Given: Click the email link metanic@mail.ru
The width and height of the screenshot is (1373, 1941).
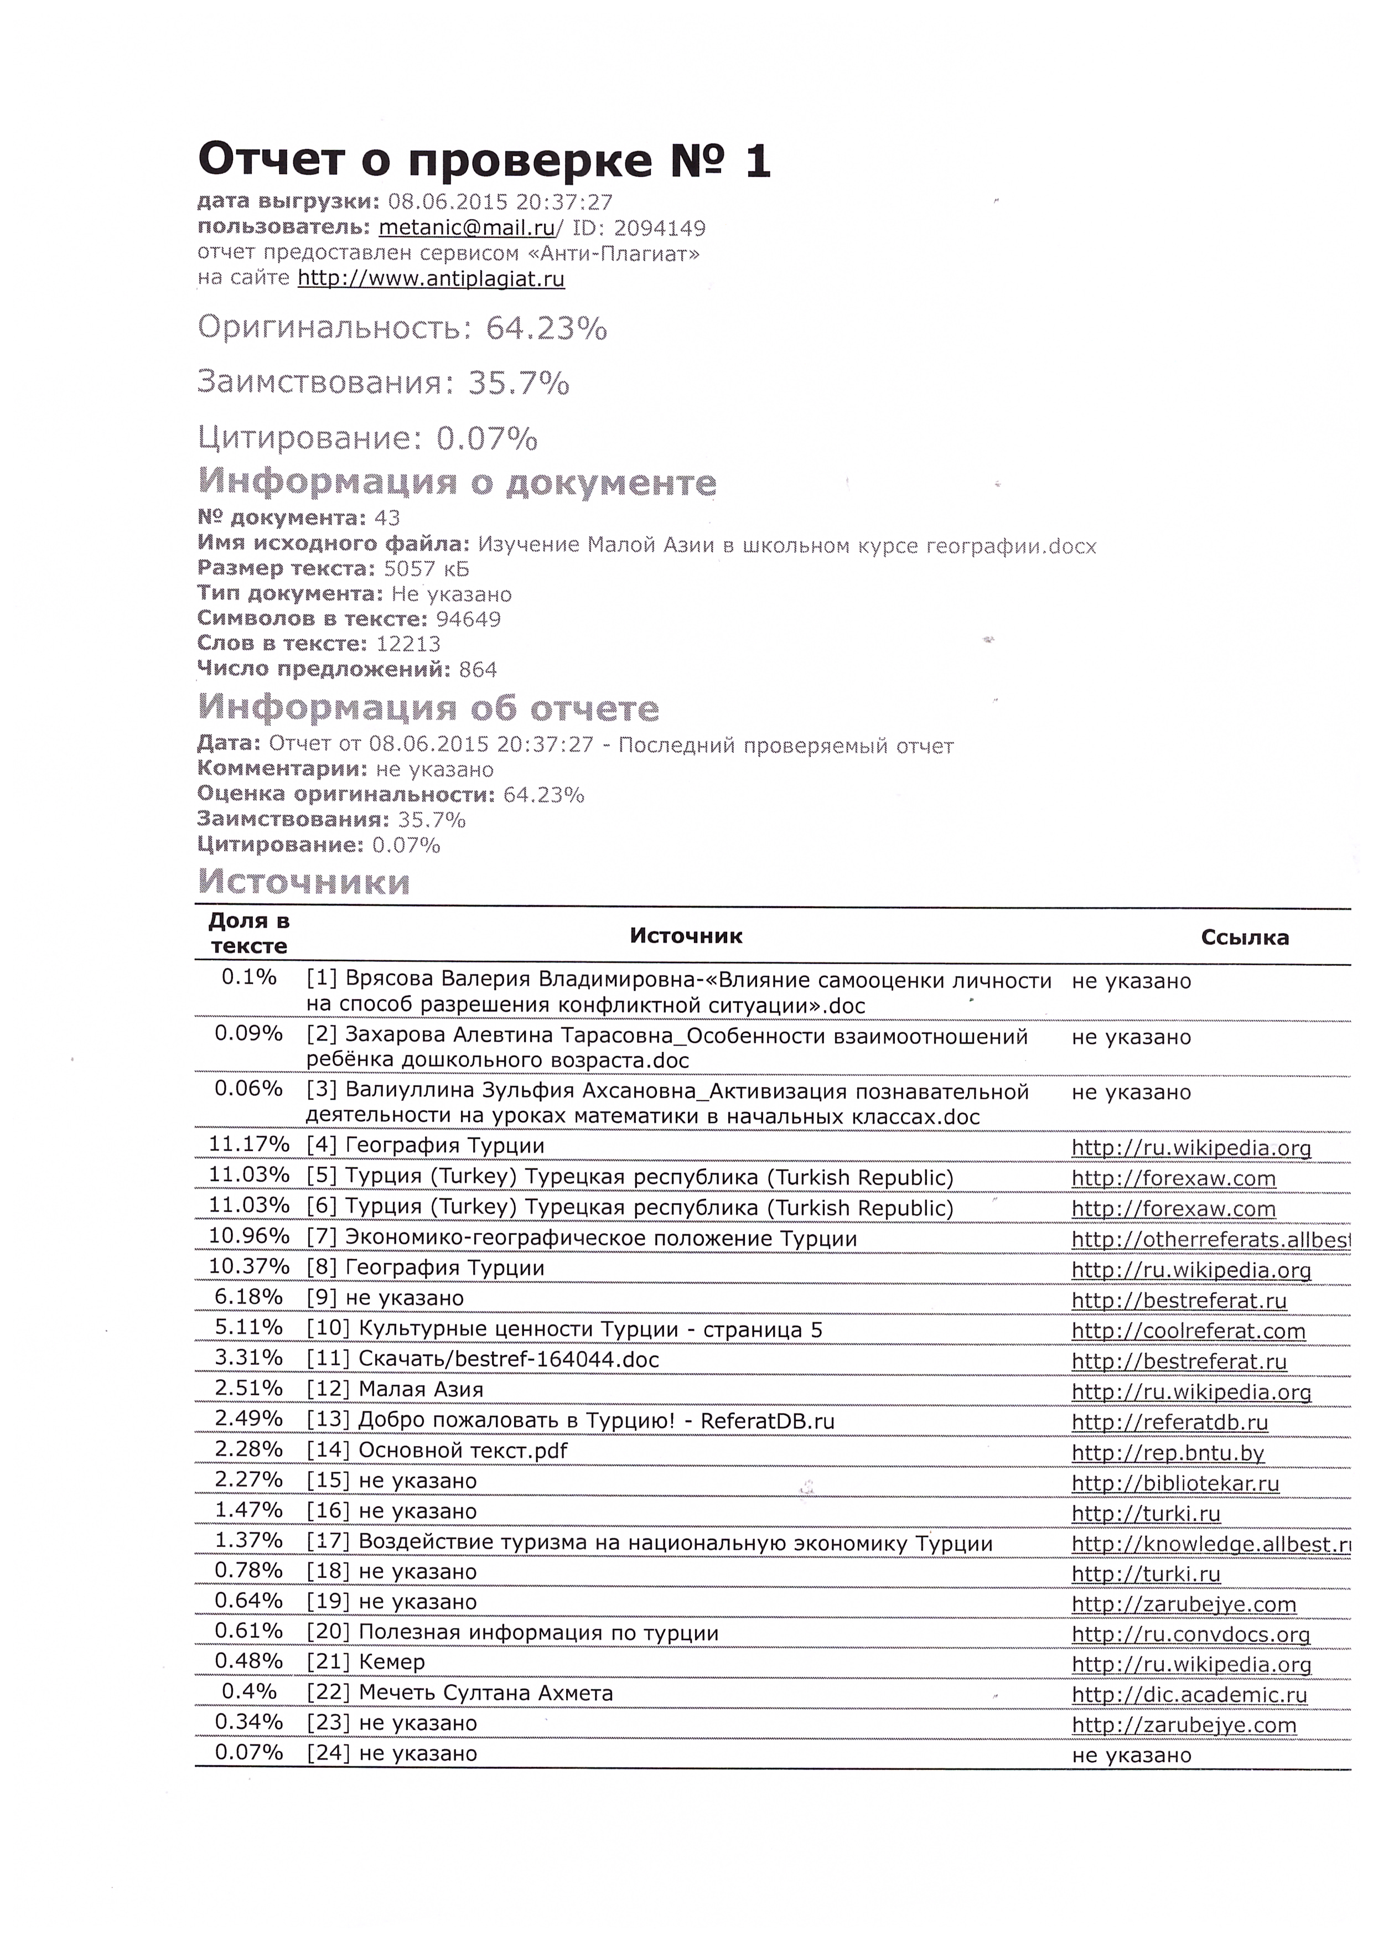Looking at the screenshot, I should [467, 227].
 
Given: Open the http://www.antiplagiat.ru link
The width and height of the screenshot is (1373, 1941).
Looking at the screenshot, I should [431, 278].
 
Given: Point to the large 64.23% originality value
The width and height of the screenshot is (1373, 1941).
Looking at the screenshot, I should [545, 328].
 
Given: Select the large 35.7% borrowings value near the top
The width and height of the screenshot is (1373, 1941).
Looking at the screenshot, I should [518, 383].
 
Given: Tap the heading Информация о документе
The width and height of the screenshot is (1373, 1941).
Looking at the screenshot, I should [457, 482].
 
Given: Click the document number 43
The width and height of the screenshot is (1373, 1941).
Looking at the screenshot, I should [387, 517].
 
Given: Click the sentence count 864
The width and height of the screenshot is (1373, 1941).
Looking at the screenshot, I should [478, 670].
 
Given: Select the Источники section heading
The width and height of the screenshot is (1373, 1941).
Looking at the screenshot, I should [303, 882].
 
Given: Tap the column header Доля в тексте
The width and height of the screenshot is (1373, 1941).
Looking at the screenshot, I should [248, 933].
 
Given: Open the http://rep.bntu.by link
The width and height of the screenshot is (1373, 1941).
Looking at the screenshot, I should [1168, 1453].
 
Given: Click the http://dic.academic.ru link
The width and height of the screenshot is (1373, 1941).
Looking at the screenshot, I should [1189, 1695].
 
